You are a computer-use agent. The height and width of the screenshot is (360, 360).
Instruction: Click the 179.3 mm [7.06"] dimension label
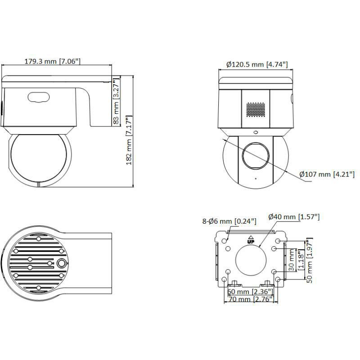click(53, 61)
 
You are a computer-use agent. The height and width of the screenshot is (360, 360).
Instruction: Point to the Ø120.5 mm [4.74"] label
click(256, 64)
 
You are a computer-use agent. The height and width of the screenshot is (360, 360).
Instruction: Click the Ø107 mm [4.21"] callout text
click(327, 174)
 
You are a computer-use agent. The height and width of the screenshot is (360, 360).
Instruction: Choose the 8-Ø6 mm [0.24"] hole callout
click(229, 221)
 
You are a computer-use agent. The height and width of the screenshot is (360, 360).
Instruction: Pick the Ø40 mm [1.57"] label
click(293, 217)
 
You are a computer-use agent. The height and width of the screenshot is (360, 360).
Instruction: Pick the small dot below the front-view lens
click(255, 179)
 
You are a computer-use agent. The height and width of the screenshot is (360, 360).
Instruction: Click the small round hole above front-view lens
click(255, 132)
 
